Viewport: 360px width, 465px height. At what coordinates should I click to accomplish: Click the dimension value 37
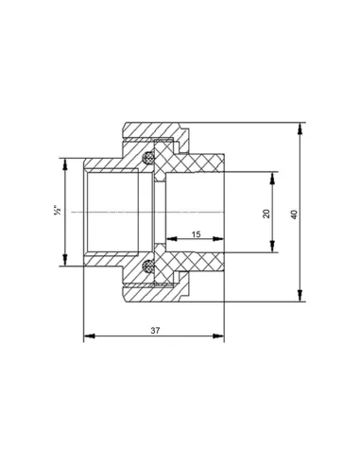(x=155, y=331)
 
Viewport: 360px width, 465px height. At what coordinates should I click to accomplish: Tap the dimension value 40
(x=294, y=215)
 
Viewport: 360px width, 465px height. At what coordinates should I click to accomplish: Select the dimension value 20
(x=266, y=214)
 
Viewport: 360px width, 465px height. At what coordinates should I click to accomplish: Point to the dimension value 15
(x=196, y=234)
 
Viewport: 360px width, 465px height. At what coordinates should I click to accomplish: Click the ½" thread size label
(x=58, y=210)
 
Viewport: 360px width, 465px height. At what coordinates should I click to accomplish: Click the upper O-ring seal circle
(x=147, y=157)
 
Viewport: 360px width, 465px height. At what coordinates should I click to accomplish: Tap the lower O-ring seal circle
(x=147, y=267)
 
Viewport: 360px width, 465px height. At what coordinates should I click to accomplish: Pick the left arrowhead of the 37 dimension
(x=89, y=336)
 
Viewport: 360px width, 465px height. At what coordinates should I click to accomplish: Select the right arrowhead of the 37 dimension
(x=218, y=336)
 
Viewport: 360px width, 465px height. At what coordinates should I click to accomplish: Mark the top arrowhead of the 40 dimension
(x=300, y=129)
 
